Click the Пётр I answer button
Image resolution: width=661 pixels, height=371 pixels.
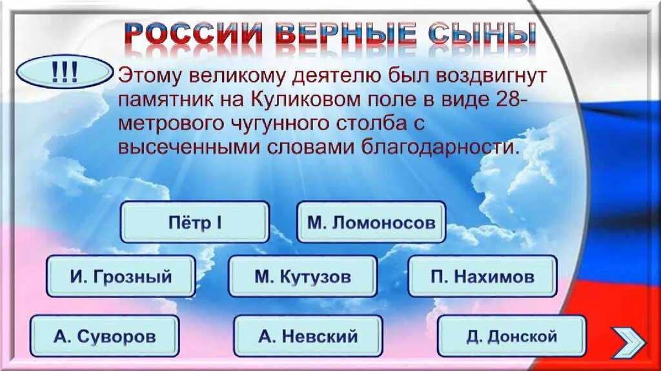coord(195,222)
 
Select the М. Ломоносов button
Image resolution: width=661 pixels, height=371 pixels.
coord(371,222)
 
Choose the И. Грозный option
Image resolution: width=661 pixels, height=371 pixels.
coord(121,277)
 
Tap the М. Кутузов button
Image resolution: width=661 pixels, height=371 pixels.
coord(303,277)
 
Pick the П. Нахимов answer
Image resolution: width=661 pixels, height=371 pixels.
coord(482,277)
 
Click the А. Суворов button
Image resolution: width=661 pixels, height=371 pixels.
coord(105,336)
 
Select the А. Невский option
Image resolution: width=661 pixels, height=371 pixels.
coord(308,336)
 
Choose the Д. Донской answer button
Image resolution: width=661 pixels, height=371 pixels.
coord(511,336)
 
